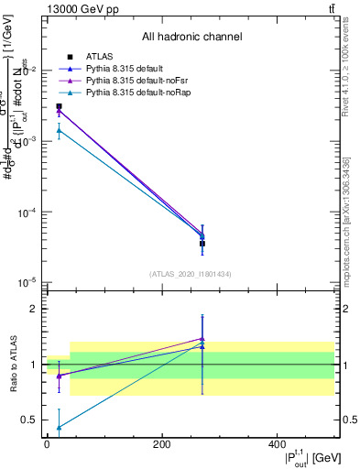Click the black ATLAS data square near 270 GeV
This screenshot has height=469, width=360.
click(202, 244)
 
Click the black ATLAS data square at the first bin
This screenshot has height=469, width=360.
click(59, 106)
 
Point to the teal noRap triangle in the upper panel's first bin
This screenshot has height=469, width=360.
click(59, 130)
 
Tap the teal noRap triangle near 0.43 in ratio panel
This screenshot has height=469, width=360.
click(59, 427)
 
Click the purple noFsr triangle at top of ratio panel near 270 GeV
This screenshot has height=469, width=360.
click(202, 339)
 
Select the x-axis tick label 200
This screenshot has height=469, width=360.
click(161, 445)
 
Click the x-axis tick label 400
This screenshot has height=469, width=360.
click(277, 445)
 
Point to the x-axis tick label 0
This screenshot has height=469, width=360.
click(47, 445)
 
